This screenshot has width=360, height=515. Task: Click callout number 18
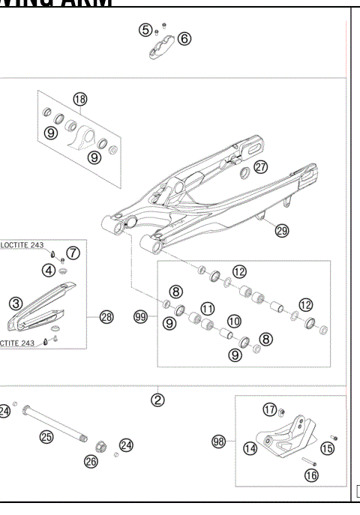coord(80,100)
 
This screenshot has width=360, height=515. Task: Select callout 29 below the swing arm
coord(281,231)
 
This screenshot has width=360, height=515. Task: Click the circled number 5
coord(145,30)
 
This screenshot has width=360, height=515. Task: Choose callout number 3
coord(16,304)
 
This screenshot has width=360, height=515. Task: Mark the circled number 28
coord(106,317)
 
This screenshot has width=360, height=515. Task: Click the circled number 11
coord(207,308)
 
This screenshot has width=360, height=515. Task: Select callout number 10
coord(234,320)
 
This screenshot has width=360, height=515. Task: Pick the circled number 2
coord(157,400)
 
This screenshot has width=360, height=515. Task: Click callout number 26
coord(91,462)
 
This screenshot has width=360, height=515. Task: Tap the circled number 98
coord(219,443)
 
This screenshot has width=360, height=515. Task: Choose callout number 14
coord(250,448)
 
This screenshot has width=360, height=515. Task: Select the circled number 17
coord(270,409)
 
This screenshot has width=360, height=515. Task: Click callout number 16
coord(311,475)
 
